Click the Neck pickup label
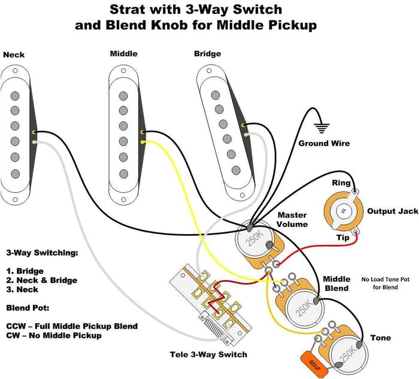click(x=14, y=55)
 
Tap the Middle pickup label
click(x=123, y=54)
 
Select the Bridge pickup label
click(x=207, y=54)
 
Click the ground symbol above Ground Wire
click(x=323, y=127)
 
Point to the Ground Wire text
click(x=324, y=144)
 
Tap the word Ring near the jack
click(x=341, y=183)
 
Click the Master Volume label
click(x=292, y=220)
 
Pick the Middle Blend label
click(x=336, y=283)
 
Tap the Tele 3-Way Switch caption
click(x=208, y=354)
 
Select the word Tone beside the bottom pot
click(x=380, y=338)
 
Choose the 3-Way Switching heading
click(x=42, y=253)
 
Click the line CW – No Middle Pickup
click(x=54, y=335)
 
